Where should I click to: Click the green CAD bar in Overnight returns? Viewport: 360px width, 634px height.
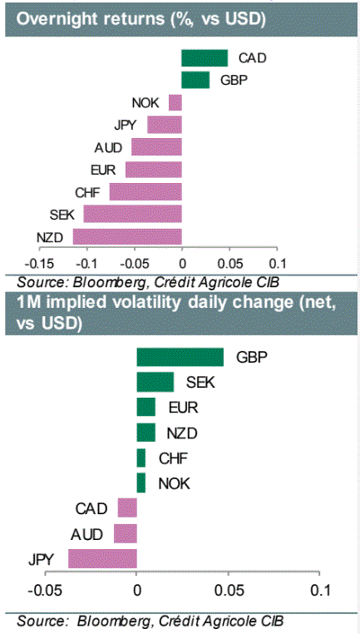[x=205, y=57]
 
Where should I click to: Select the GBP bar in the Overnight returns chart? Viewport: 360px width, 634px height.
[x=195, y=80]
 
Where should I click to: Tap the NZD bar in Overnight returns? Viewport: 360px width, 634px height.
[x=127, y=236]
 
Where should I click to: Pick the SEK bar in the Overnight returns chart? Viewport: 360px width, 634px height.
[x=133, y=215]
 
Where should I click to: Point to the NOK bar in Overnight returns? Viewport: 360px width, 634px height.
[x=175, y=102]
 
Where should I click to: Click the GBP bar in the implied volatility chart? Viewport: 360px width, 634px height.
[x=180, y=357]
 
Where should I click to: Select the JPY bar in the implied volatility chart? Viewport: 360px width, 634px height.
[x=102, y=559]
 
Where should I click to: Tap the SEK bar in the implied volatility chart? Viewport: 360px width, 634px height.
[x=155, y=383]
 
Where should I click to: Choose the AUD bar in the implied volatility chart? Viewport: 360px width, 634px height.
[x=126, y=533]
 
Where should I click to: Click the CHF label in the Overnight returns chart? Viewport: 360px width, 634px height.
[x=87, y=192]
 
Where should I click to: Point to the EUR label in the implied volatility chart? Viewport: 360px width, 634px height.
[x=184, y=408]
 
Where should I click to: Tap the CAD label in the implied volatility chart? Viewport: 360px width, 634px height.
[x=91, y=508]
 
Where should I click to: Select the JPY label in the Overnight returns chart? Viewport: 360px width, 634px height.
[x=126, y=126]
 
